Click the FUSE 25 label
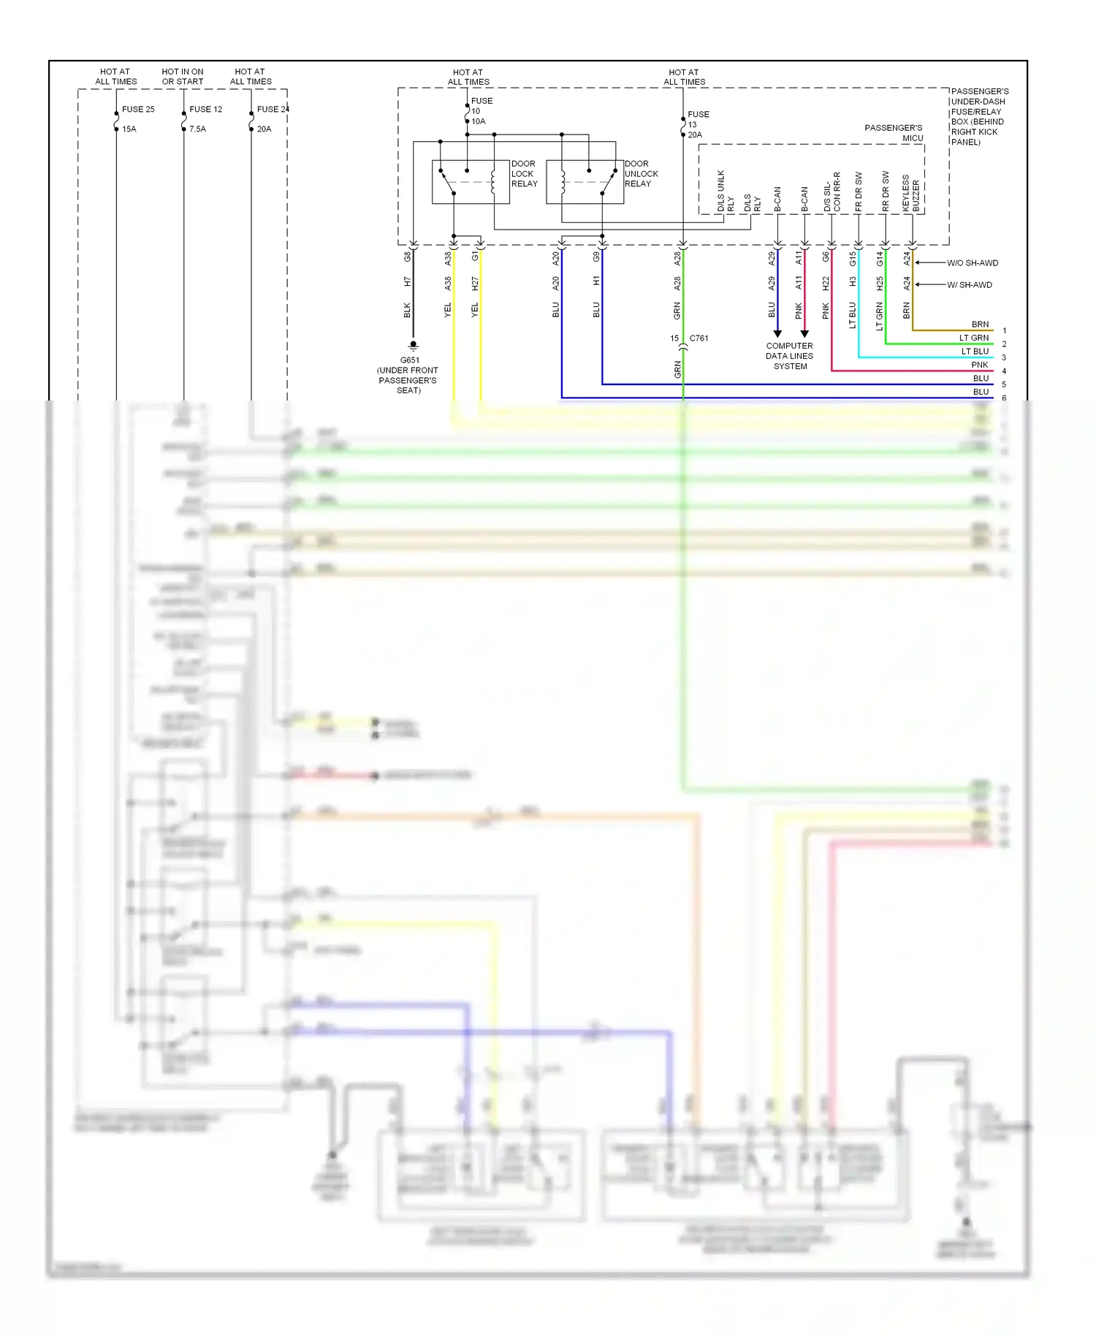point(138,110)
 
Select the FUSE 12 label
point(205,110)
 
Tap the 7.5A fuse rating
point(197,129)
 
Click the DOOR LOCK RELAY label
point(524,174)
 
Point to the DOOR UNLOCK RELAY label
point(641,174)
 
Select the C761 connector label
point(699,338)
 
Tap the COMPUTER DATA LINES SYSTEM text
point(789,356)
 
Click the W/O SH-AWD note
point(972,263)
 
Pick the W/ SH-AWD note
point(969,285)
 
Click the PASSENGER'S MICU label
point(894,133)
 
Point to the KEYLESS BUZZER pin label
point(910,194)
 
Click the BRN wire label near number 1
point(980,324)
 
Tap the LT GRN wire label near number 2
point(973,338)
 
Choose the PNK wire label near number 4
point(979,365)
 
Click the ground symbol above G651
point(414,346)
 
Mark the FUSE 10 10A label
point(481,111)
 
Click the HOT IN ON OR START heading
point(183,77)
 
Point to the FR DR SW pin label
point(859,192)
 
